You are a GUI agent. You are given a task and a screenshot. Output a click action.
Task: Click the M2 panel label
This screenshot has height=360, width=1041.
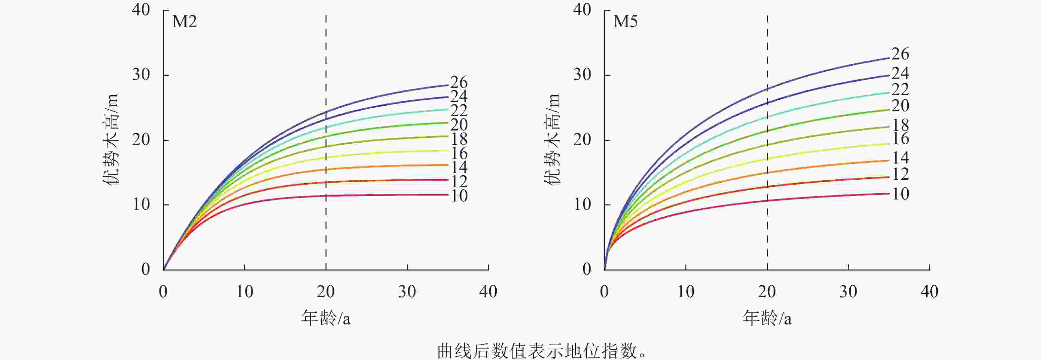click(x=184, y=21)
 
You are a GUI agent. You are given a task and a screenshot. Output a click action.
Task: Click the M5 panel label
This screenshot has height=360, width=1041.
click(x=625, y=21)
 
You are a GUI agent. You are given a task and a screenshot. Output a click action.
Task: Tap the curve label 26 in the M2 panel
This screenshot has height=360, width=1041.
click(x=459, y=83)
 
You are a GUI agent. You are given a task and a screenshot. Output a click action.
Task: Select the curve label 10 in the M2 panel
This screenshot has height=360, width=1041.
click(x=459, y=196)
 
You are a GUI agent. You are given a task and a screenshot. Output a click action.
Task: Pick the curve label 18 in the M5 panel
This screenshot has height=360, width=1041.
click(x=900, y=125)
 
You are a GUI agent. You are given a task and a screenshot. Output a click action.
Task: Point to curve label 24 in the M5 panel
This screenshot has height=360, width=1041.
click(x=900, y=73)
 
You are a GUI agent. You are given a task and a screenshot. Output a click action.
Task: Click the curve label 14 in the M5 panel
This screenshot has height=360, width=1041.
click(x=900, y=158)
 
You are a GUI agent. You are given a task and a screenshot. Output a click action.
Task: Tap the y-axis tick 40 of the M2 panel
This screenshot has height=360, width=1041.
click(x=141, y=10)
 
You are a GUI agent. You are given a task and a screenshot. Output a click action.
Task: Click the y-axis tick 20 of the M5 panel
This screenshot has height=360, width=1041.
click(x=582, y=140)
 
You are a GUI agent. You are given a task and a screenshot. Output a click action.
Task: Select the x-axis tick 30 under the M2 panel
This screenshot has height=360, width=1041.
click(x=406, y=292)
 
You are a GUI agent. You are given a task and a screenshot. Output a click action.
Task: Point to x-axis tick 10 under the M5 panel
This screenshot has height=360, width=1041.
click(x=686, y=292)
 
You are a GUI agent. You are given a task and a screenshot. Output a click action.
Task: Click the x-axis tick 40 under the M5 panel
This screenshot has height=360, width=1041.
click(x=929, y=292)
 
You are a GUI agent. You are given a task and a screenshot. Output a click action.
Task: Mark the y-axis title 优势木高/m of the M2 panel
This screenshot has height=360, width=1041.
click(x=112, y=139)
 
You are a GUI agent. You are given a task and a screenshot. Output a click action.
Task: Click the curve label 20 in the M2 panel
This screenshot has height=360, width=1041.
click(x=459, y=125)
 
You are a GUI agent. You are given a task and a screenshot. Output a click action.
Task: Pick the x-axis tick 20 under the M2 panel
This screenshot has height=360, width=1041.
click(x=325, y=292)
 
